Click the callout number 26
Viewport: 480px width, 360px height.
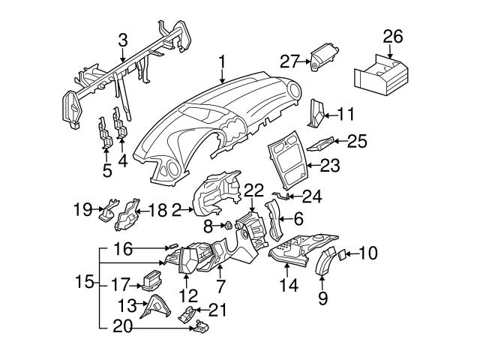pyautogui.click(x=392, y=36)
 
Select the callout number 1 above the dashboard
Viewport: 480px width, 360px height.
pyautogui.click(x=223, y=60)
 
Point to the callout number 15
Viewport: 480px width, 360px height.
pyautogui.click(x=85, y=283)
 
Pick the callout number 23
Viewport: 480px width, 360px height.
pyautogui.click(x=330, y=164)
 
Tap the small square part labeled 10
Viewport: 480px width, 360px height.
pyautogui.click(x=341, y=254)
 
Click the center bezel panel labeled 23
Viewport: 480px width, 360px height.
pyautogui.click(x=289, y=159)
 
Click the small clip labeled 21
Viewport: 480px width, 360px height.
pyautogui.click(x=188, y=313)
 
